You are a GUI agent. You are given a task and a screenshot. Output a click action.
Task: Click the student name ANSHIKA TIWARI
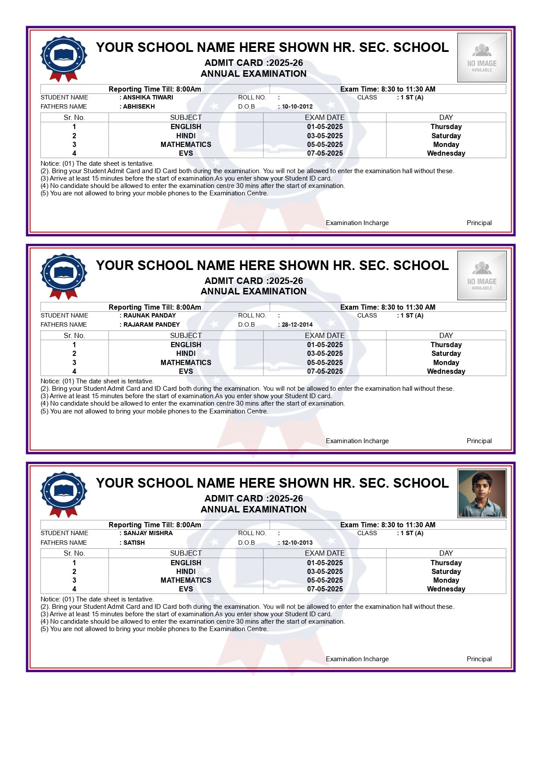click(148, 97)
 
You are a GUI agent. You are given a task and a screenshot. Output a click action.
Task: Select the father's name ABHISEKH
click(139, 106)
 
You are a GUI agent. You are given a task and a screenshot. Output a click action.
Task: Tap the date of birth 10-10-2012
click(297, 106)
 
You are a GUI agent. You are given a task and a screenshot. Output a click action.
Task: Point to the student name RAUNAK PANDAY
click(149, 315)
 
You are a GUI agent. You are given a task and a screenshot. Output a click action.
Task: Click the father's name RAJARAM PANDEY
click(151, 324)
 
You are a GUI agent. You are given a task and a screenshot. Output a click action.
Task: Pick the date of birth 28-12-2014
click(297, 324)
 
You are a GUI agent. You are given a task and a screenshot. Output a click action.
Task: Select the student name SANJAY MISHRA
click(148, 533)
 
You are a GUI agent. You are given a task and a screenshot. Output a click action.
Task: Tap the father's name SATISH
click(134, 543)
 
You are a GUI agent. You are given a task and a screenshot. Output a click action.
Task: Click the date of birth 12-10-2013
click(297, 543)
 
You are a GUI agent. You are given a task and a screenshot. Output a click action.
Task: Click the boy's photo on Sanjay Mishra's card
click(482, 493)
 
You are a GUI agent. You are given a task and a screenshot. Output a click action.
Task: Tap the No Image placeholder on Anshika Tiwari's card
click(482, 58)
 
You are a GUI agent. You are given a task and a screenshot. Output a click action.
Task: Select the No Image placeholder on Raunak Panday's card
click(482, 275)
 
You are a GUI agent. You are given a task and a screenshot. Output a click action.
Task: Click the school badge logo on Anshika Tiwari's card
click(64, 58)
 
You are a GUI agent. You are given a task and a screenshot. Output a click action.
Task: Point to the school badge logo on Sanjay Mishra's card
click(64, 494)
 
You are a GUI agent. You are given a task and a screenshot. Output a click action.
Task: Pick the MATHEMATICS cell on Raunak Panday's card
click(186, 362)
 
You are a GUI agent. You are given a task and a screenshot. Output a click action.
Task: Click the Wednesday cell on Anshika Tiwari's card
click(446, 153)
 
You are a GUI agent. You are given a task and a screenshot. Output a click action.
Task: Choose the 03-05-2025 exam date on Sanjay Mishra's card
click(325, 571)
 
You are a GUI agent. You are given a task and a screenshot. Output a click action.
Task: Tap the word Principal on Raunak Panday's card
click(479, 441)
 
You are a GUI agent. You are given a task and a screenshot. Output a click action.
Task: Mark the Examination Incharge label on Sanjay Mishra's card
click(357, 659)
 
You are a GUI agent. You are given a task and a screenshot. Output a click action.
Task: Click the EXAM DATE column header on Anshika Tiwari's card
click(325, 117)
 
